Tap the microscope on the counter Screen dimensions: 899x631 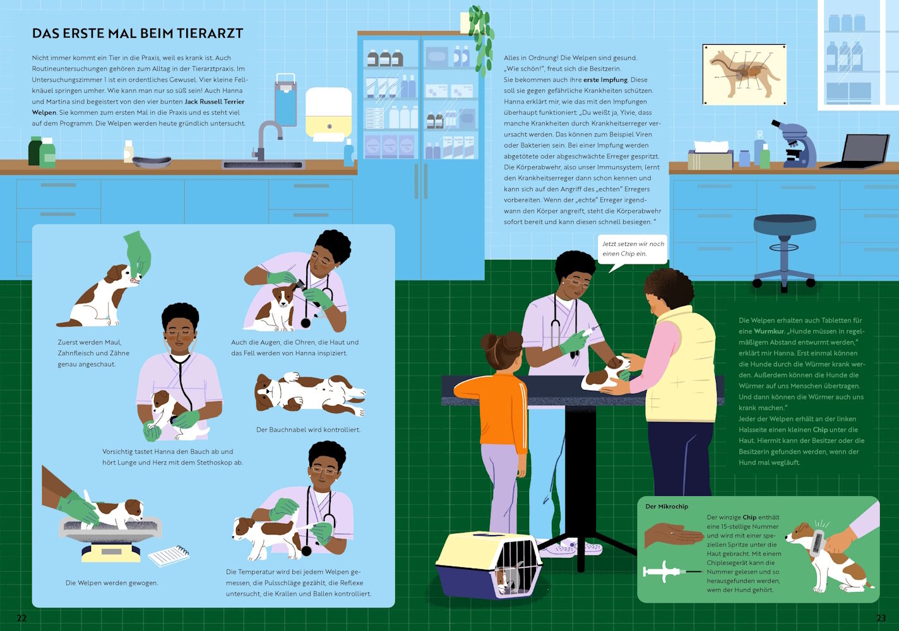794,144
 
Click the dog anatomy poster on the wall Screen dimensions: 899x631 744,74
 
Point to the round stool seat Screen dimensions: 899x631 785,224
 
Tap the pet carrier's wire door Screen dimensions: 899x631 515,568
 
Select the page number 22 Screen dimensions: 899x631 21,618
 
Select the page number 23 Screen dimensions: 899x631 881,618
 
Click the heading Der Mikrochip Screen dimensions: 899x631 667,507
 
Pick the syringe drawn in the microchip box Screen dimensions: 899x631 671,571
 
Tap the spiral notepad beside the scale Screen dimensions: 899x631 169,555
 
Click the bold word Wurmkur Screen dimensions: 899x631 769,331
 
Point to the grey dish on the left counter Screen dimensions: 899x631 152,162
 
